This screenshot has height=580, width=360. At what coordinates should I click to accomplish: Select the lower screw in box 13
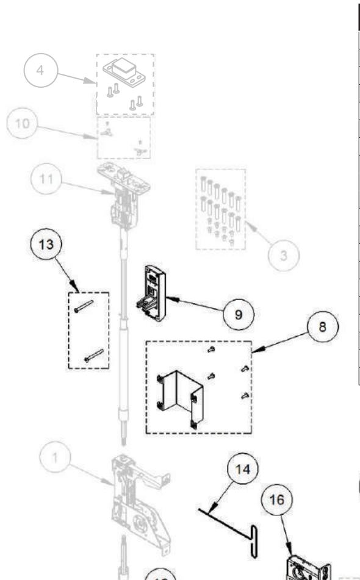[x=95, y=355]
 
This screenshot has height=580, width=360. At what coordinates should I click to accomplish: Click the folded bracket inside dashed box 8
[x=180, y=396]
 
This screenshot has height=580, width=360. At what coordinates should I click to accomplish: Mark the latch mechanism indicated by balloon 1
[x=139, y=500]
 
